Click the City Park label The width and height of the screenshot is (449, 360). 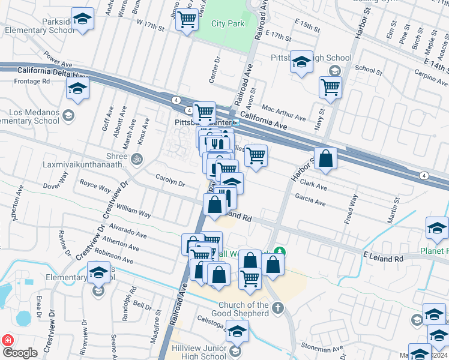[x=228, y=24]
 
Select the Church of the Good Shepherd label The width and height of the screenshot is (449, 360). [x=243, y=310]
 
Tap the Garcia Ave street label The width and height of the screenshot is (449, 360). [x=310, y=199]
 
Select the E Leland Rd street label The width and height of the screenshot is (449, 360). [x=382, y=257]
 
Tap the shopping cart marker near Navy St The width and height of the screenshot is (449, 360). [x=330, y=86]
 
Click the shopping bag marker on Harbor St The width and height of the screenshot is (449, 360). [x=325, y=159]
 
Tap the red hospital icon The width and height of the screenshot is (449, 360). [x=8, y=340]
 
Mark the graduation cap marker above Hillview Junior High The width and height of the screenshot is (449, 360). [x=238, y=331]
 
